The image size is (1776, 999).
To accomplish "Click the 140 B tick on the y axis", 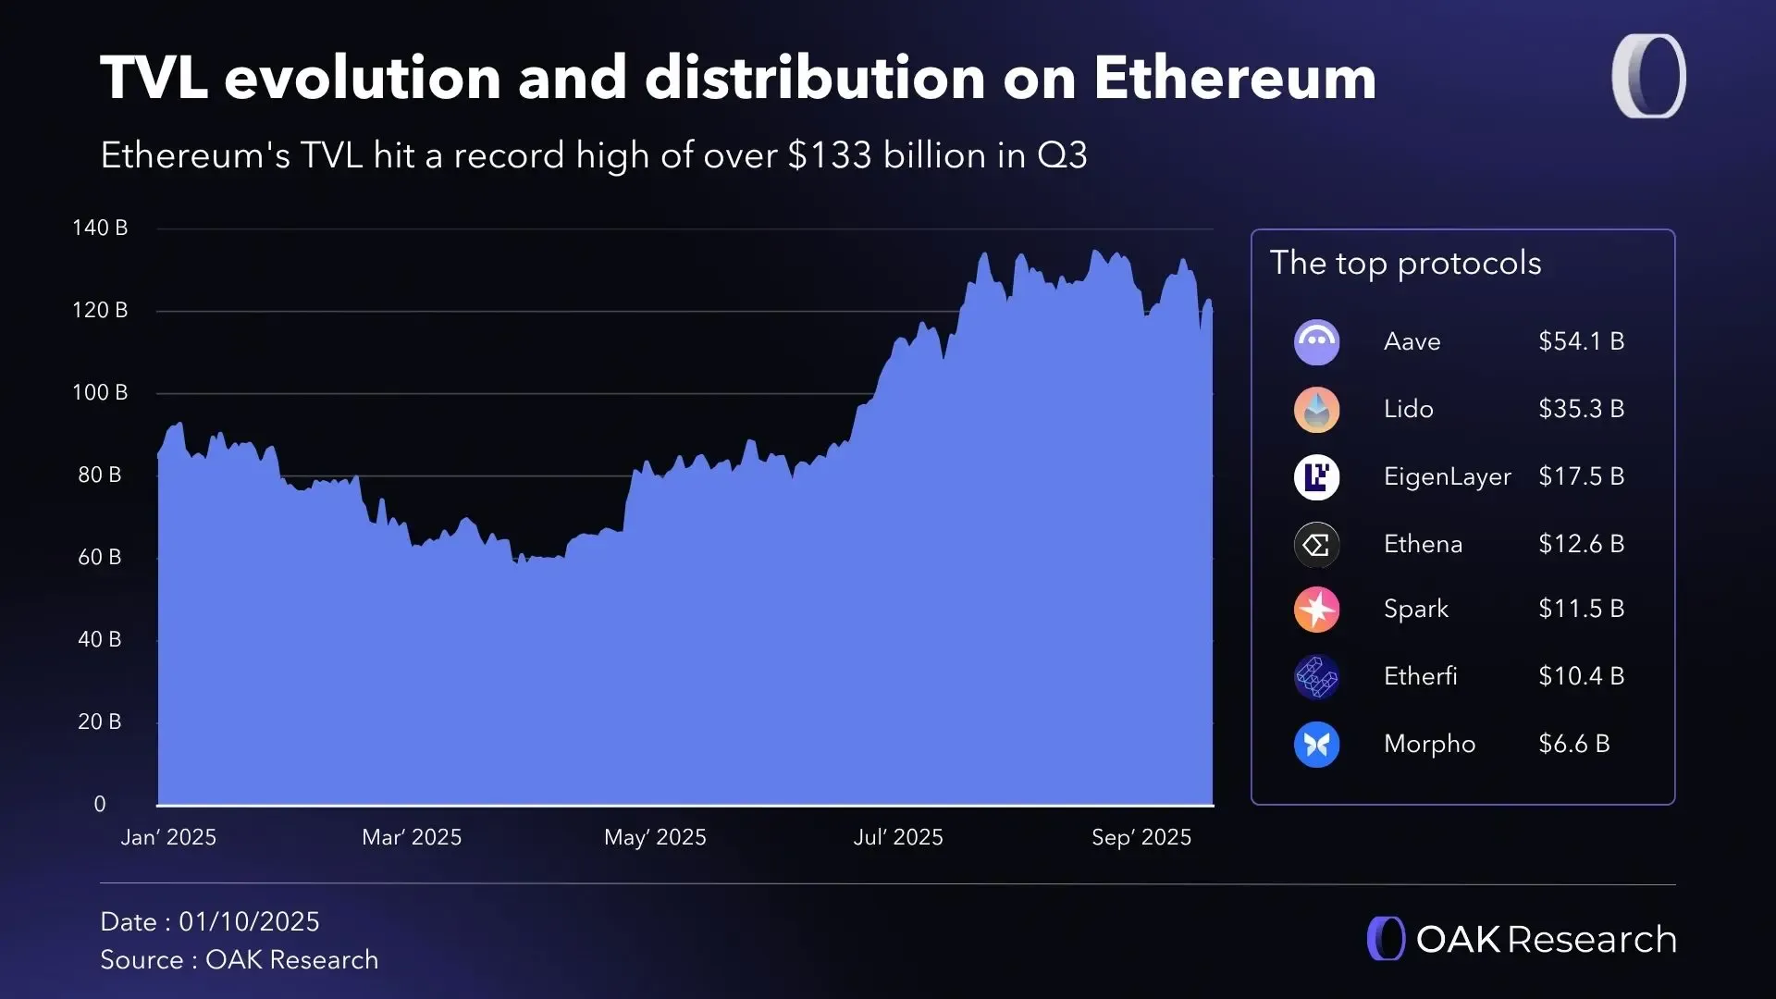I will coord(100,228).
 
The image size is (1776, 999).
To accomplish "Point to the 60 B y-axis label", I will coord(100,557).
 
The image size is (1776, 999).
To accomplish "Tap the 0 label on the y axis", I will coord(100,804).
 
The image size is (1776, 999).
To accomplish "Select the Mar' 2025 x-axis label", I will coord(412,837).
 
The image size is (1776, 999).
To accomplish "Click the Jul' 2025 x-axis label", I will coord(898,837).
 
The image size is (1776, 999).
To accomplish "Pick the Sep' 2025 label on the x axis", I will coord(1141,837).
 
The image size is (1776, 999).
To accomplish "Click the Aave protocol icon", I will coord(1316,342).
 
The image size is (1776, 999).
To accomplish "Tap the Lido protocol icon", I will coord(1316,410).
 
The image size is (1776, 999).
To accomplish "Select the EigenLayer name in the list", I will coord(1447,476).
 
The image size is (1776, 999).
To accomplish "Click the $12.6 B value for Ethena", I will coord(1581,544).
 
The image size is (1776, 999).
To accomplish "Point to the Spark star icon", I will coord(1316,610).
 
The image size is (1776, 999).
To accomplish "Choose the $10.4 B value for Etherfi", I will coord(1581,676).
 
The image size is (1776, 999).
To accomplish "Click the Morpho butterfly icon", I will coord(1316,744).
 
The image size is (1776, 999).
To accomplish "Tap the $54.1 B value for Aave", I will coord(1581,341).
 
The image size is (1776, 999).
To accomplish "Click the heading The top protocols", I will coord(1405,264).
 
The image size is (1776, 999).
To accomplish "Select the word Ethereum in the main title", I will coord(1235,78).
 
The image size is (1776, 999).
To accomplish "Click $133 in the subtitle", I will coord(829,155).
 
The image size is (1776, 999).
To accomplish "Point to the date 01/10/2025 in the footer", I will coord(249,921).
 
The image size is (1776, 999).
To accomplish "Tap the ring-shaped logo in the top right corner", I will coord(1648,77).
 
